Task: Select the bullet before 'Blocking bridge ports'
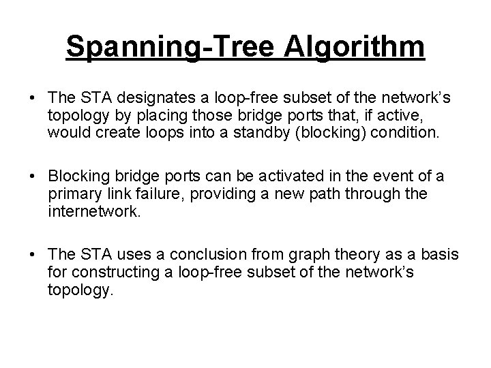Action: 33,177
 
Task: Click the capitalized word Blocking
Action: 80,177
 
